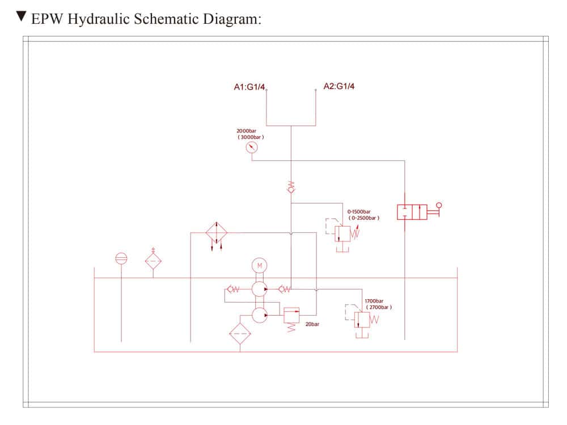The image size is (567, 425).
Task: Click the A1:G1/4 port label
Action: pyautogui.click(x=249, y=87)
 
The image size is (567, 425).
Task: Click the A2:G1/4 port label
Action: pyautogui.click(x=339, y=86)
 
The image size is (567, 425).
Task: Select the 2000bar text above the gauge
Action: pyautogui.click(x=247, y=131)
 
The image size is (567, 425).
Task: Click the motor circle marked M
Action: pyautogui.click(x=259, y=265)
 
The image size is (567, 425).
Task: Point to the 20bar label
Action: pyautogui.click(x=312, y=325)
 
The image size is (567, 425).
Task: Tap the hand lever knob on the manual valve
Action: pyautogui.click(x=438, y=206)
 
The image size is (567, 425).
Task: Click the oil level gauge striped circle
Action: pyautogui.click(x=121, y=258)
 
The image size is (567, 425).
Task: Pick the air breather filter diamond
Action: pyautogui.click(x=153, y=261)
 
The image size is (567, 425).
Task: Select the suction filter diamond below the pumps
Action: pyautogui.click(x=240, y=334)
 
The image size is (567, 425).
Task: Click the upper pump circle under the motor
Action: pyautogui.click(x=259, y=289)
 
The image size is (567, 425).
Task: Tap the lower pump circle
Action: pyautogui.click(x=259, y=315)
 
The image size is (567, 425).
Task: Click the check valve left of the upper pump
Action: pyautogui.click(x=232, y=290)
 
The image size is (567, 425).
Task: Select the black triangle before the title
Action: pyautogui.click(x=22, y=16)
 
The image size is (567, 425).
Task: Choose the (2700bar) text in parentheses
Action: pyautogui.click(x=378, y=307)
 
